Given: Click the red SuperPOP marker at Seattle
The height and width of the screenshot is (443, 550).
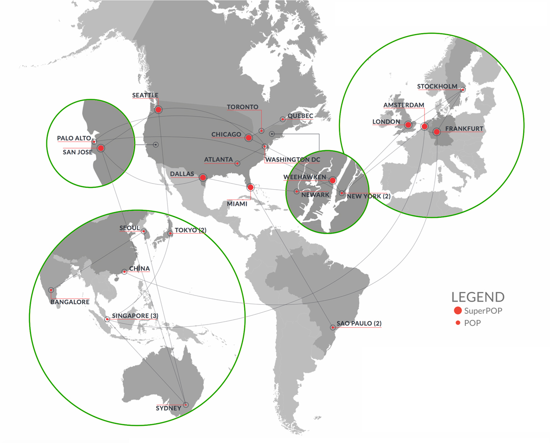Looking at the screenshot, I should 158,110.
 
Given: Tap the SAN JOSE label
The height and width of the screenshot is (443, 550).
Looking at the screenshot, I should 77,152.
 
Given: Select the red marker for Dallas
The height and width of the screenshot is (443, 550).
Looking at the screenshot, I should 203,178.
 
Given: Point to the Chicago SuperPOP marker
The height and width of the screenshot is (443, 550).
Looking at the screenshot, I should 249,138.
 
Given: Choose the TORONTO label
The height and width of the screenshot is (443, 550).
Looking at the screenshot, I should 242,107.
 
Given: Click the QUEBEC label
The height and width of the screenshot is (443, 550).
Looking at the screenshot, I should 300,116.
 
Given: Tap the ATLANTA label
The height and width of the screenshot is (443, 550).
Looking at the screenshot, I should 218,160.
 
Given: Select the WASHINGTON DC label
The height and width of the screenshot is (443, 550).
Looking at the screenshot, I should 292,160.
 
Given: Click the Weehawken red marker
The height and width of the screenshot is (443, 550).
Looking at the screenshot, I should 332,180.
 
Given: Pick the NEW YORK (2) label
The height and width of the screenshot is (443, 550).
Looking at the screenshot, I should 368,196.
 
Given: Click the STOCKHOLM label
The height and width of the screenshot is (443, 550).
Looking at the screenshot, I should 437,87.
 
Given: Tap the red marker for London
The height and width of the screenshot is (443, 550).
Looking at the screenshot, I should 408,125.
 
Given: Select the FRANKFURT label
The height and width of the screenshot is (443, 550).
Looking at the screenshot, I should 464,128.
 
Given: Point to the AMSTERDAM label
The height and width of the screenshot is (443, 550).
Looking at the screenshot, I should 403,105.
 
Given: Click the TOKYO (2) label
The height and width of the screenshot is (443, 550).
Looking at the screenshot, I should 190,230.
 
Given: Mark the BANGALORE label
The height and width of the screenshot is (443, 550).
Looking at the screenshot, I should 70,302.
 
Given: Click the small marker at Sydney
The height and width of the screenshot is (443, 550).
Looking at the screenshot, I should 186,405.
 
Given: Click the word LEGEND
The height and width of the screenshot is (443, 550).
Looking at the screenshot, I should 478,297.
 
